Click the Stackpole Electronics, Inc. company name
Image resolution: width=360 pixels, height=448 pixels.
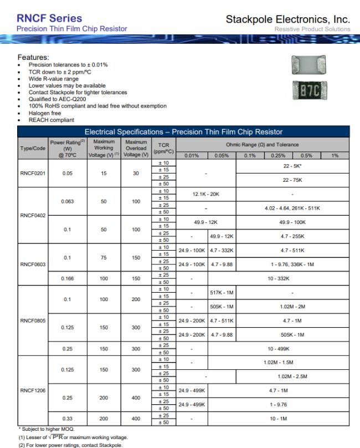pos(287,19)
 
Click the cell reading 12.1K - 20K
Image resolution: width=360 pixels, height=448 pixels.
pos(207,195)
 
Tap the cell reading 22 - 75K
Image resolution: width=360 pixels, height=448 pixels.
pos(293,180)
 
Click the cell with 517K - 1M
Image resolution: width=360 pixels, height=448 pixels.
pos(222,292)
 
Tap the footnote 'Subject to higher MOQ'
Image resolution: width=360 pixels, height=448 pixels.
pos(43,429)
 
